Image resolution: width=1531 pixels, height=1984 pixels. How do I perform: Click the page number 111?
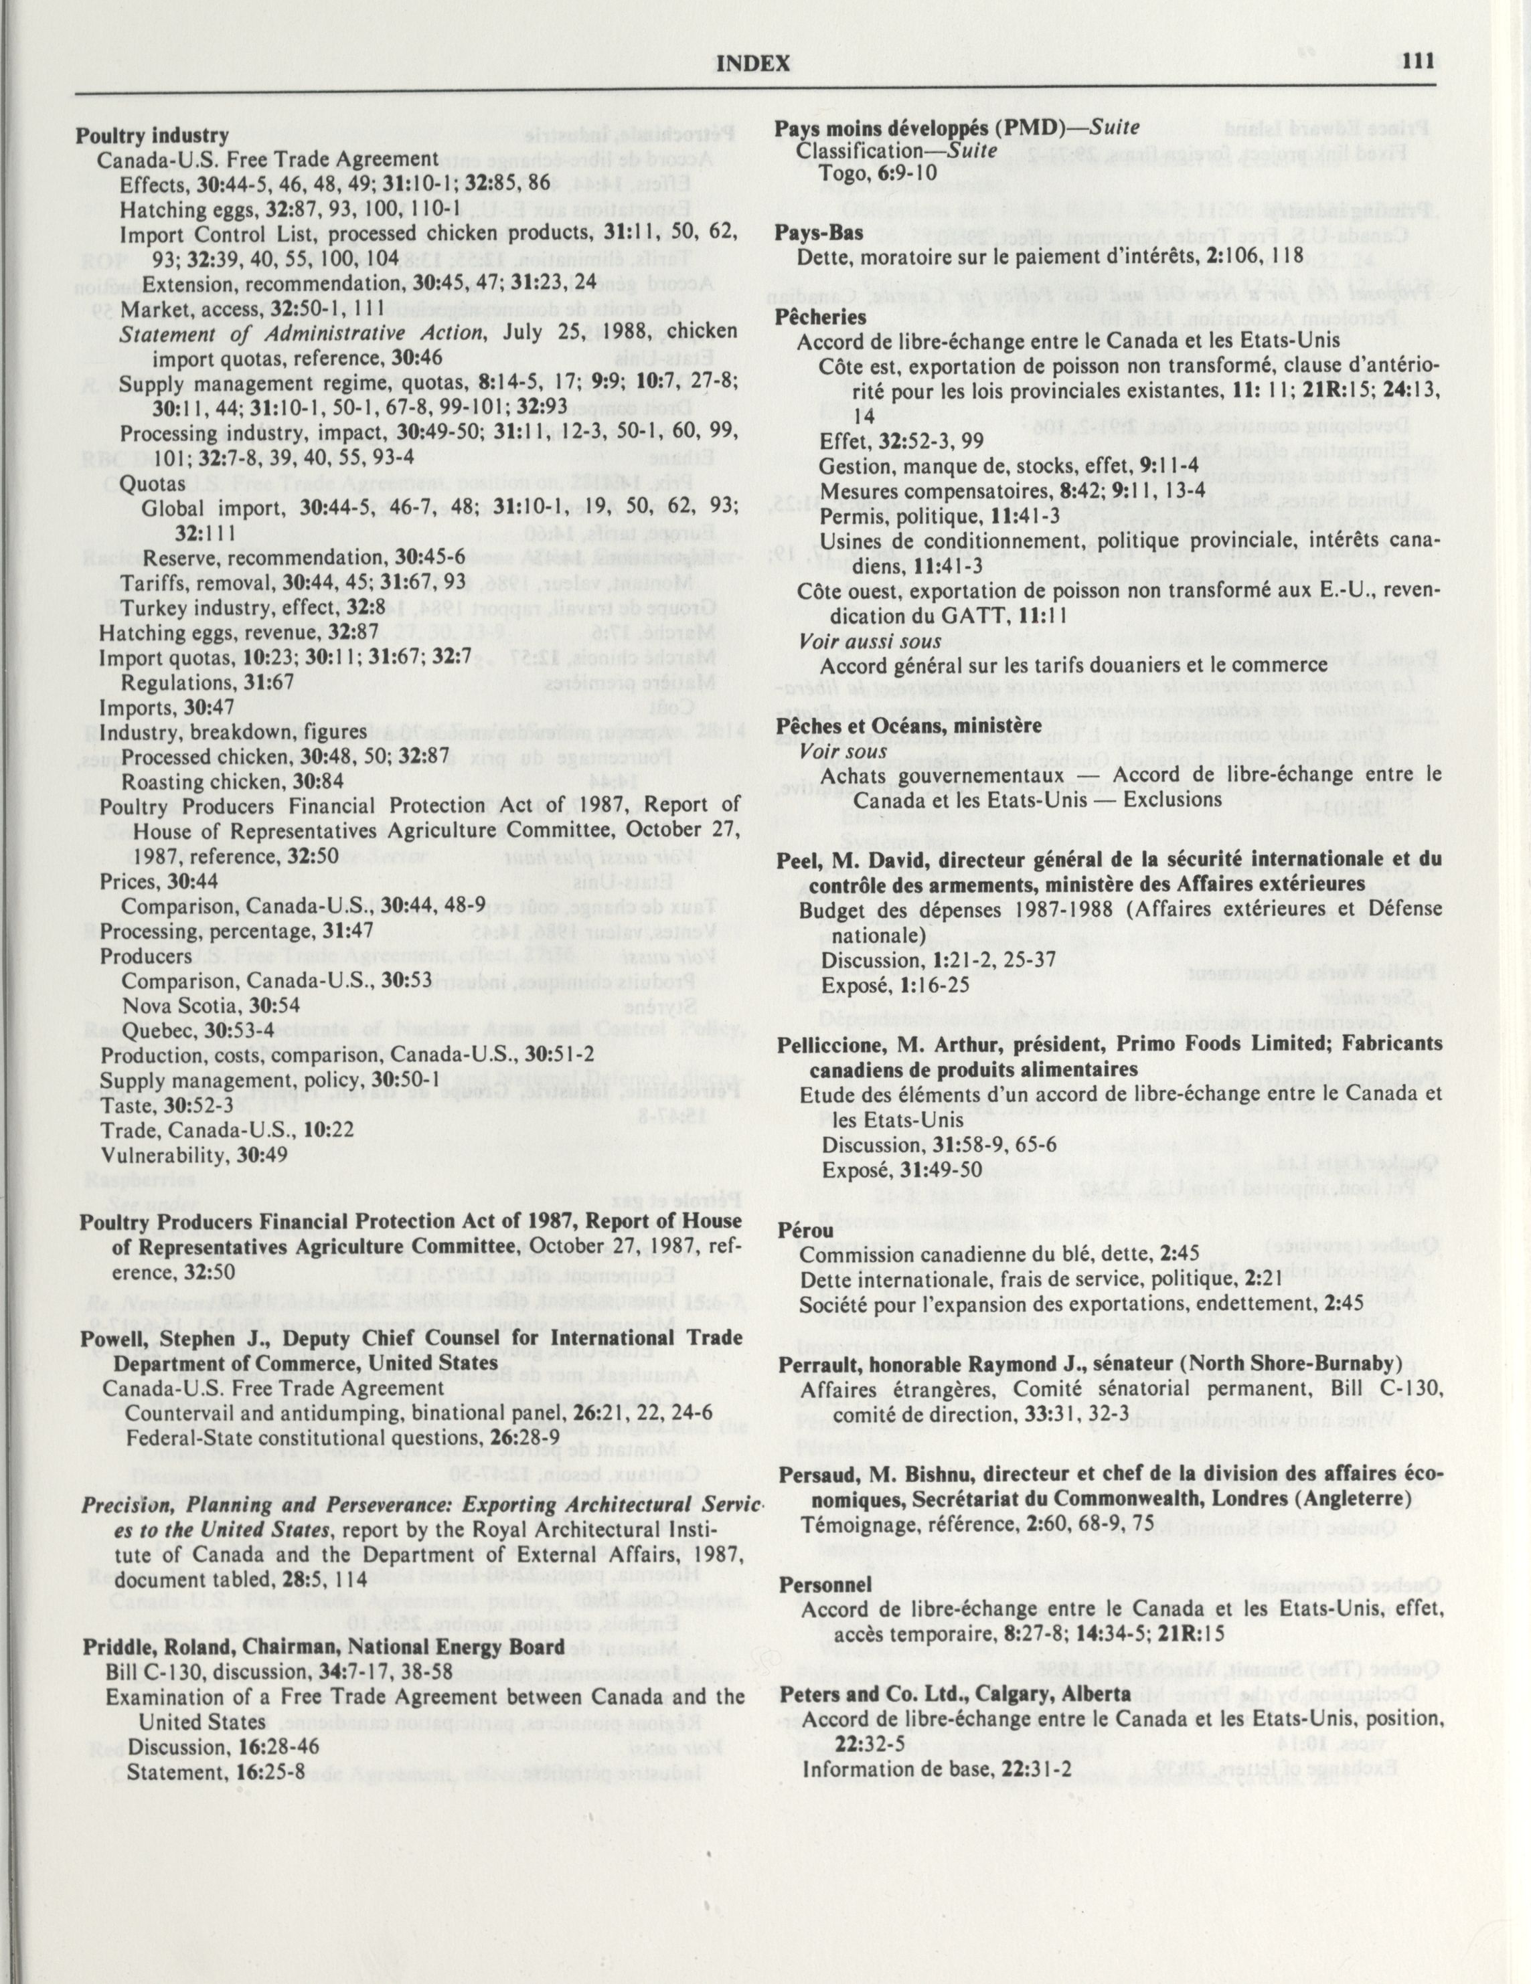coord(1417,61)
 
